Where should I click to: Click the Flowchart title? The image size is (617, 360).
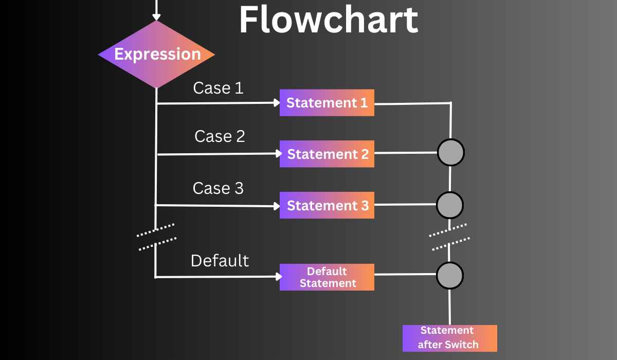tap(329, 21)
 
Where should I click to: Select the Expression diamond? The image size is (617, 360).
tap(156, 54)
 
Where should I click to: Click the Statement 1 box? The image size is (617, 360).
tap(327, 102)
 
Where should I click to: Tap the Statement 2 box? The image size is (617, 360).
tap(327, 154)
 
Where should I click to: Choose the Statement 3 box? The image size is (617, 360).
tap(327, 205)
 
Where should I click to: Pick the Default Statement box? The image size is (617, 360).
tap(327, 277)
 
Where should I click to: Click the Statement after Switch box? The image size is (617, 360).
tap(449, 338)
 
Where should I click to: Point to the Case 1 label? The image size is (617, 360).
tap(218, 88)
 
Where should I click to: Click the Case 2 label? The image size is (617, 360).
tap(220, 136)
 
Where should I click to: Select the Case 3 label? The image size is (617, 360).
tap(218, 188)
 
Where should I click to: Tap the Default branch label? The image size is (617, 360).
tap(220, 260)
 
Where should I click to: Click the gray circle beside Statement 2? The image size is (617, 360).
tap(451, 152)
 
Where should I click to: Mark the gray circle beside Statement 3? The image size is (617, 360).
tap(450, 205)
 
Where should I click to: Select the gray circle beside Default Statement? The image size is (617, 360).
tap(450, 276)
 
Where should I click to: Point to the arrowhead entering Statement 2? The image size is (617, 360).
tap(279, 153)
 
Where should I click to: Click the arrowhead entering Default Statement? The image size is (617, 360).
tap(279, 277)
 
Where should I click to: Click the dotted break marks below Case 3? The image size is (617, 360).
tap(156, 237)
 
